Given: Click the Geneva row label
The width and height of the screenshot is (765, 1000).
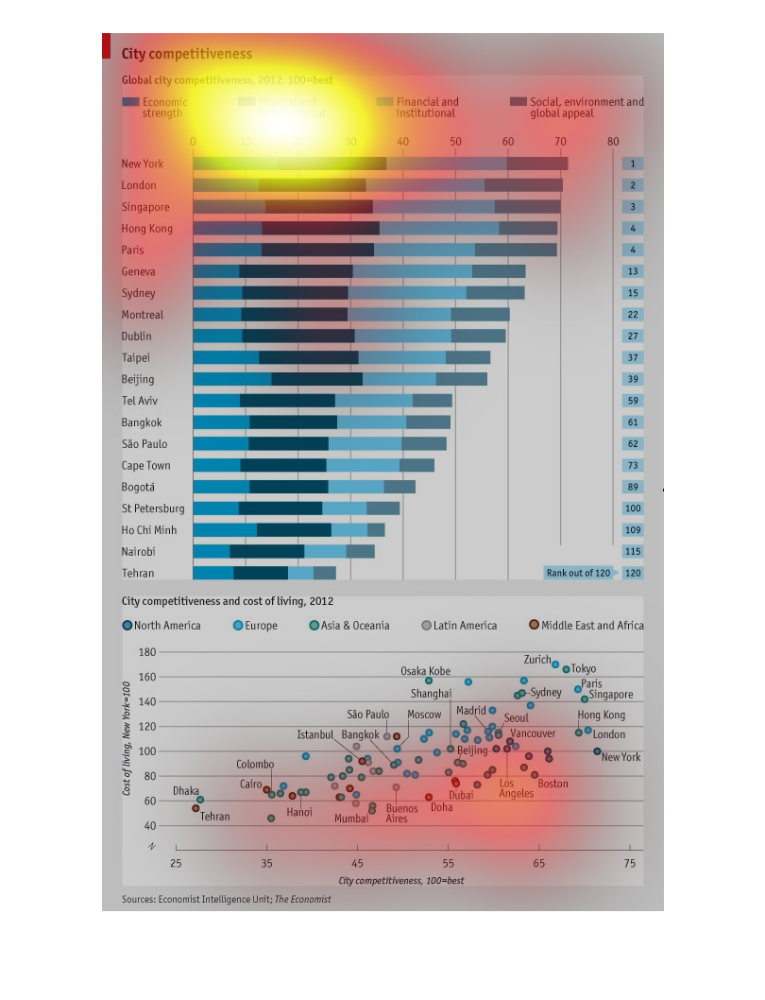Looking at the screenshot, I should click(x=139, y=271).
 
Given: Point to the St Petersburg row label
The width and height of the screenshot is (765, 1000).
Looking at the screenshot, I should click(x=153, y=509).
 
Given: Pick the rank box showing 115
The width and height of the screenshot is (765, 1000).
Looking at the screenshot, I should click(x=632, y=551).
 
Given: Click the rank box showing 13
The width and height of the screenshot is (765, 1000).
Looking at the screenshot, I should click(x=632, y=271).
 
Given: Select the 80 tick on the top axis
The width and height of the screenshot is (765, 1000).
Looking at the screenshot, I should click(x=613, y=142).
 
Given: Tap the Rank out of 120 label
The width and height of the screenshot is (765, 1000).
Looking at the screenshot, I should click(x=578, y=573).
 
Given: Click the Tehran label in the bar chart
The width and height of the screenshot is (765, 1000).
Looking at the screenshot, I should click(x=138, y=573).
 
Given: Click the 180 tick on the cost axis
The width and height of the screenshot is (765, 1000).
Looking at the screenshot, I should click(x=146, y=652).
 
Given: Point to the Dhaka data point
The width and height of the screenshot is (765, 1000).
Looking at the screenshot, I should click(x=200, y=800).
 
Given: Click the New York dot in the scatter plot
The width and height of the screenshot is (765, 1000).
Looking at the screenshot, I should click(x=597, y=751).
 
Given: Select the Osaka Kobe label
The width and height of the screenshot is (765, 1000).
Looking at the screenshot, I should click(x=425, y=671).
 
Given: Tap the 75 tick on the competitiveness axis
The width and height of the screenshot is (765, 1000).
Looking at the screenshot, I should click(x=630, y=864).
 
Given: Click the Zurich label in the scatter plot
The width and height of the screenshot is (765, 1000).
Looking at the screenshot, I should click(x=537, y=659).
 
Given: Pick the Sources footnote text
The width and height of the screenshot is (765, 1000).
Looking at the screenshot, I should click(x=227, y=899).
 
